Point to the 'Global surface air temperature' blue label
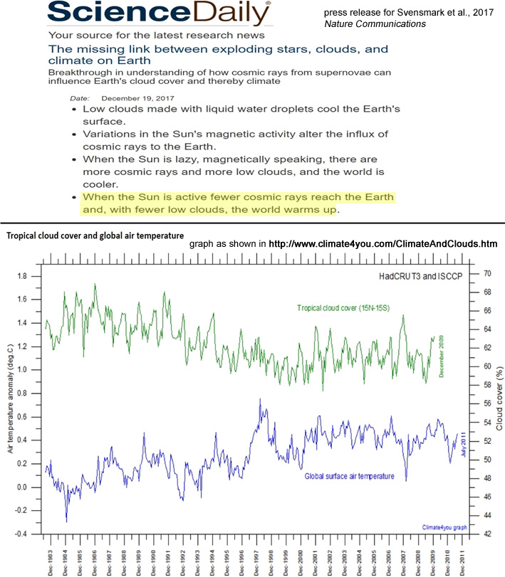(350, 476)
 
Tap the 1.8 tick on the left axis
(25, 275)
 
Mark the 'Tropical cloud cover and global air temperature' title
(95, 234)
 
